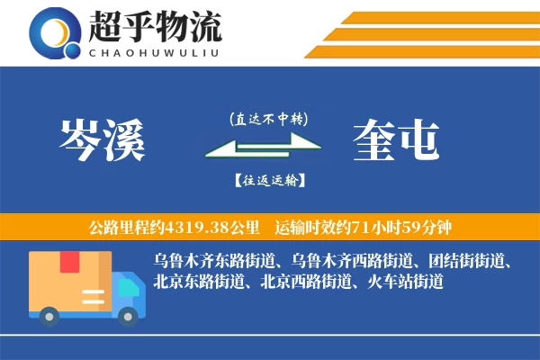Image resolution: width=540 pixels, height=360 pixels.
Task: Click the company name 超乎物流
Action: click(154, 27)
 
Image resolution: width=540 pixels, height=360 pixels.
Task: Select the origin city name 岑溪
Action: click(101, 140)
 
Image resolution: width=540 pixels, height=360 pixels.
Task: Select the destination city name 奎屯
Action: click(397, 140)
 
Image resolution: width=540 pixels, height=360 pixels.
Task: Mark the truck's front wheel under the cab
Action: click(129, 315)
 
